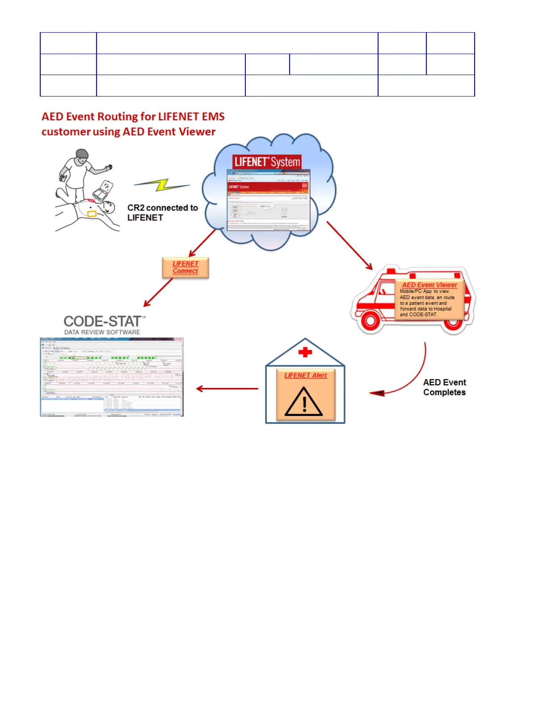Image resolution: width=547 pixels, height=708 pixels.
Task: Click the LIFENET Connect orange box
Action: (185, 268)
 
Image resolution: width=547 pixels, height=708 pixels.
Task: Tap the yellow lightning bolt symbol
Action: (162, 185)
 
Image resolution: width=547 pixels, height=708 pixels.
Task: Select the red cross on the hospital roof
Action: (305, 352)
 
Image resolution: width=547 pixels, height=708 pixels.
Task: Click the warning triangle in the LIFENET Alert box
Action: (304, 401)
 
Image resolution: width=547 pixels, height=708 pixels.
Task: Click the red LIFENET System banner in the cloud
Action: (267, 162)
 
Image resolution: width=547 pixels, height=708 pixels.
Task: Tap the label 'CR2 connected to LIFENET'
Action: (162, 213)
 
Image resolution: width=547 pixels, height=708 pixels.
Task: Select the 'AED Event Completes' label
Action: (444, 387)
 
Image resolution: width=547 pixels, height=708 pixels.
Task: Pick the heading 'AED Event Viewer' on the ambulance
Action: (429, 285)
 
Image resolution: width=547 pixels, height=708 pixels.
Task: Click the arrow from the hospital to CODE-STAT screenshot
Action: (227, 389)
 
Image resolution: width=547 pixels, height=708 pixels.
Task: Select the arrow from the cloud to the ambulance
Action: (349, 245)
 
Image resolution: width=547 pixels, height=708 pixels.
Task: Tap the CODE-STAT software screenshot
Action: (112, 377)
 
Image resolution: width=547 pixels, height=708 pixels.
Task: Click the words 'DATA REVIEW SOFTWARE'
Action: (102, 332)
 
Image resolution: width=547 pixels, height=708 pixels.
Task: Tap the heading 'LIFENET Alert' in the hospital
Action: (306, 375)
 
